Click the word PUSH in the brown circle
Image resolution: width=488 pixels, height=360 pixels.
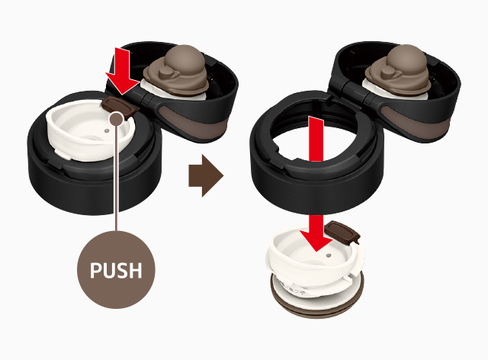(x=116, y=270)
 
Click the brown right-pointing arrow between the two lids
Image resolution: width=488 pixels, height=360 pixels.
(x=206, y=175)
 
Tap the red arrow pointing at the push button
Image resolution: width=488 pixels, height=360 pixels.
(x=122, y=71)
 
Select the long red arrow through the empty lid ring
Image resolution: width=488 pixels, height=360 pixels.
(x=316, y=184)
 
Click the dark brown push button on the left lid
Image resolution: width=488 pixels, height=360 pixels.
(x=120, y=108)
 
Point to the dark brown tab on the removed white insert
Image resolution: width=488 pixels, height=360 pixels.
(x=342, y=232)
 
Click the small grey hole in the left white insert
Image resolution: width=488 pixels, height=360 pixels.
(x=107, y=130)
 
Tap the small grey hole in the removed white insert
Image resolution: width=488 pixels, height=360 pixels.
(x=329, y=256)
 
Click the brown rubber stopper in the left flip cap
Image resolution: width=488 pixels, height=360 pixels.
(x=177, y=71)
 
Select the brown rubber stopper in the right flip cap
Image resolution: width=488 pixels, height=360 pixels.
(x=398, y=71)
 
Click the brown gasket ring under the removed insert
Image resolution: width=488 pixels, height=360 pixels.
(x=317, y=304)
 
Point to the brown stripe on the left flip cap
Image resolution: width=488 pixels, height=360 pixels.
(x=193, y=122)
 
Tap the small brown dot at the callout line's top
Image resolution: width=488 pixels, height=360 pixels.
(x=117, y=119)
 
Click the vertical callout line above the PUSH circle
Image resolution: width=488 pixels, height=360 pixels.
(x=116, y=178)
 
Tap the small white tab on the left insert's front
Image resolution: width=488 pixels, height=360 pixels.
(x=64, y=154)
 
